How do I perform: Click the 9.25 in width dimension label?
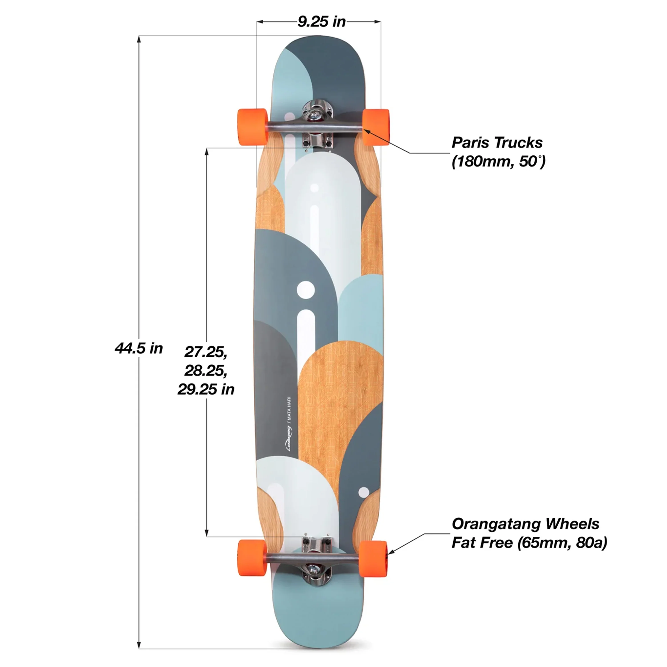(321, 22)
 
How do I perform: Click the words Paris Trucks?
(497, 142)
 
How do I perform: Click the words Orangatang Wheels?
(525, 524)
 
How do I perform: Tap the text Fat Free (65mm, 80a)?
(529, 543)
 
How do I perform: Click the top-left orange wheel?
(252, 127)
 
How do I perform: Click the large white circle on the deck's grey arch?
(305, 289)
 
